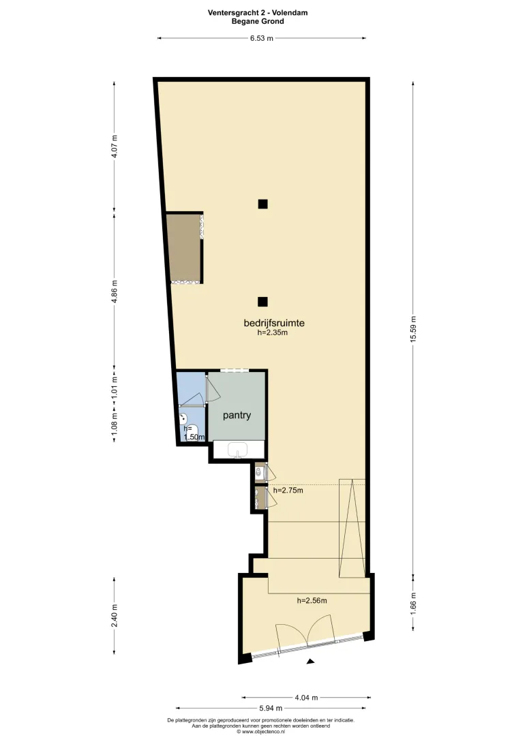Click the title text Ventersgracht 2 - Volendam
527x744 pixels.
pos(257,13)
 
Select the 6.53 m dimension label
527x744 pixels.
pos(262,38)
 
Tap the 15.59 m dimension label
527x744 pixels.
pos(413,329)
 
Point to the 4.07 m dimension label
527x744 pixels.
pos(114,147)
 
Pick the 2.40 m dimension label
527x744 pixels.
pos(114,615)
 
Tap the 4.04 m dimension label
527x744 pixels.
pos(306,698)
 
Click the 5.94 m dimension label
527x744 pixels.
pos(271,709)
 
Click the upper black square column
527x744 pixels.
pos(262,204)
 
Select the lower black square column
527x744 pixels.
pos(262,302)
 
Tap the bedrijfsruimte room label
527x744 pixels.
pos(274,323)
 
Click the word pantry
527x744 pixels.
pos(237,415)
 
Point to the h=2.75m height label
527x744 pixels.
pos(288,490)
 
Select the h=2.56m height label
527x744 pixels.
pos(312,600)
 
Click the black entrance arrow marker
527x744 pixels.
pos(310,662)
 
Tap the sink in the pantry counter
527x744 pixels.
pos(237,450)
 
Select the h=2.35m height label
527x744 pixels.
pos(273,332)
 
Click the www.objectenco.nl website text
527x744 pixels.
pos(260,732)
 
